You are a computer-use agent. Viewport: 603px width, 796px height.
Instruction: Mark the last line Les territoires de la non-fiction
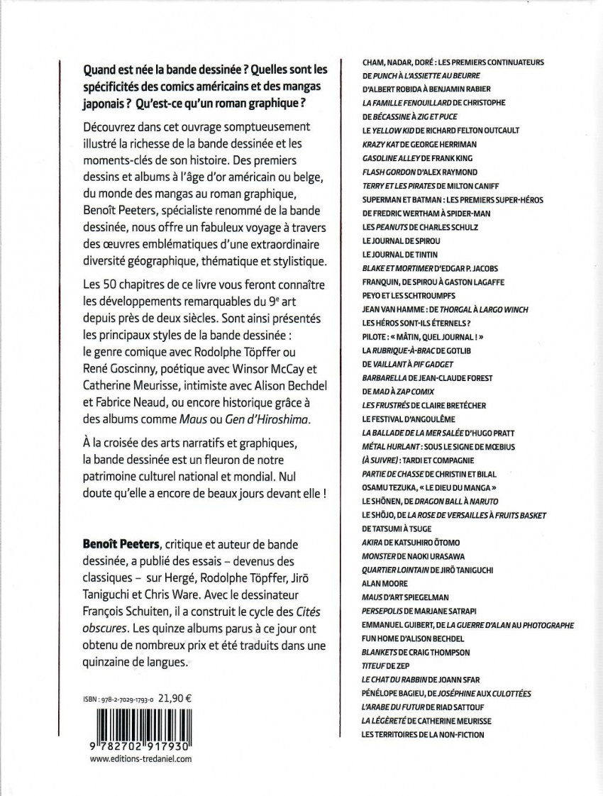[423, 734]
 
